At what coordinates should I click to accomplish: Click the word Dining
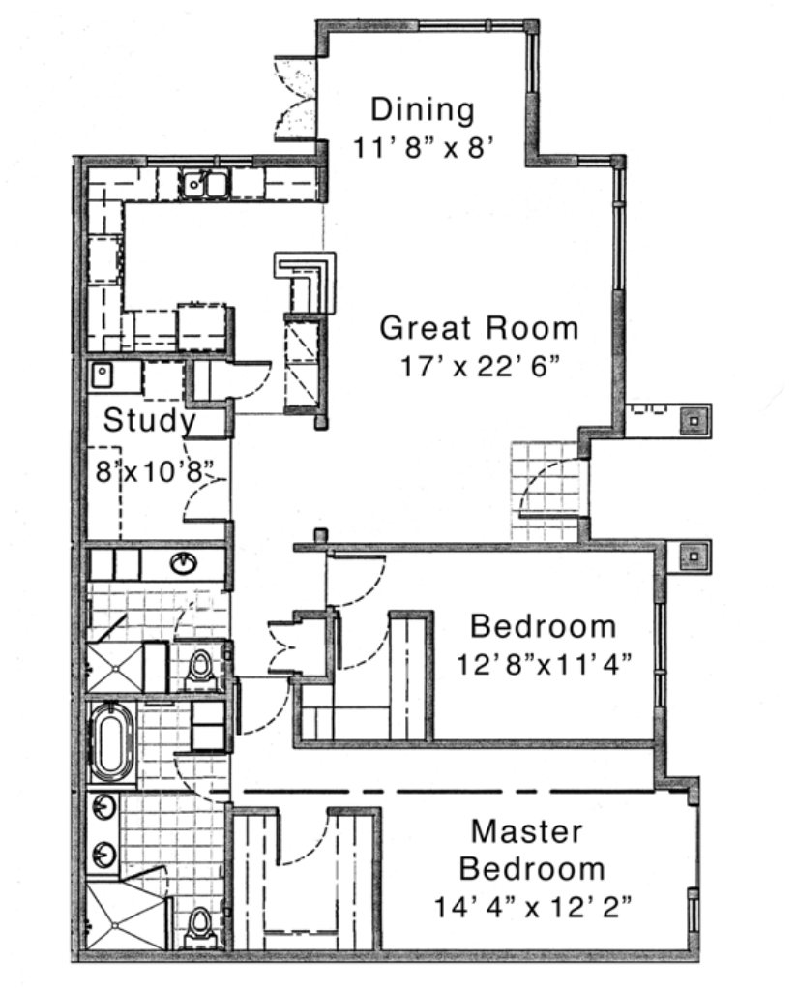tap(423, 109)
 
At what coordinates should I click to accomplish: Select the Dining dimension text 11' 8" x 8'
tap(422, 148)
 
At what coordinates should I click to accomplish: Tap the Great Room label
tap(479, 328)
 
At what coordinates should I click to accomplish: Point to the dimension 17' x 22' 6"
tap(481, 366)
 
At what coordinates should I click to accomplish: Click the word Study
tap(150, 420)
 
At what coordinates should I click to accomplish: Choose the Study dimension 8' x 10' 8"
tap(154, 471)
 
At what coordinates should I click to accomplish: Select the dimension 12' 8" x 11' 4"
tap(544, 664)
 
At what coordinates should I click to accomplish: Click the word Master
tap(527, 831)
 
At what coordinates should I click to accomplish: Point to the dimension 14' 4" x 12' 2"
tap(532, 907)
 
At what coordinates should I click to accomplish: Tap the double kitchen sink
tap(204, 184)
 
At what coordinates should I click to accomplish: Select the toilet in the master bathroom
tap(201, 928)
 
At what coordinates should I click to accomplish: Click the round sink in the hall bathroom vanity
tap(183, 562)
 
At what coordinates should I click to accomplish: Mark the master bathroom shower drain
tap(115, 925)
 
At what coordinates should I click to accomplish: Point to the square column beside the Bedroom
tap(694, 556)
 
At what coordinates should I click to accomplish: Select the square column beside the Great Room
tap(694, 419)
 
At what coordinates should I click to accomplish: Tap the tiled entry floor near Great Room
tap(545, 491)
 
